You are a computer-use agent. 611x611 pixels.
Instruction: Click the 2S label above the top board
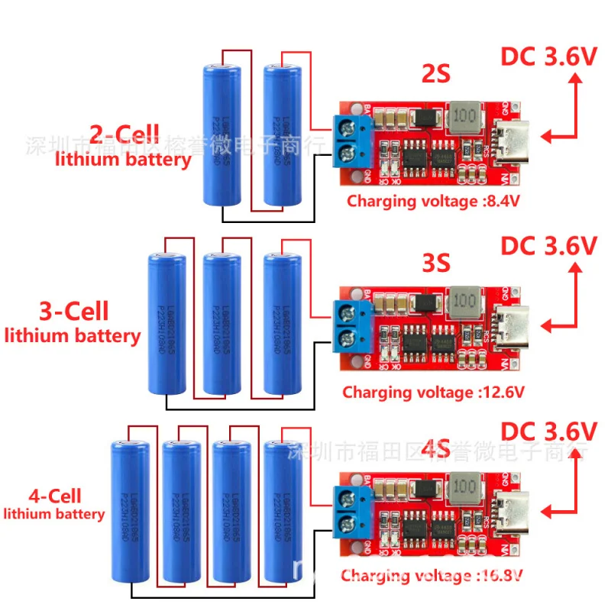[436, 75]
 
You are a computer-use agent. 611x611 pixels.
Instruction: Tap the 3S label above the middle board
[436, 262]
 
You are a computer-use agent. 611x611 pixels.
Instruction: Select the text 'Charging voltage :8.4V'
[422, 202]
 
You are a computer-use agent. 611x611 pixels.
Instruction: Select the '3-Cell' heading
[73, 311]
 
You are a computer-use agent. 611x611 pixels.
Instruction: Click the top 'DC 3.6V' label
[548, 58]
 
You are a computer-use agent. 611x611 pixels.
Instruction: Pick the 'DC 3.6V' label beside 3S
[548, 246]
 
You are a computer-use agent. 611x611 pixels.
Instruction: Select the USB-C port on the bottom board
[509, 511]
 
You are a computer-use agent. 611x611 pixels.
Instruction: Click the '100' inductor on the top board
[464, 117]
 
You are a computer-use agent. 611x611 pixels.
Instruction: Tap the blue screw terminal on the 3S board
[352, 326]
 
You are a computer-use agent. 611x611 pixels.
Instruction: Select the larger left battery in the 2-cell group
[221, 134]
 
